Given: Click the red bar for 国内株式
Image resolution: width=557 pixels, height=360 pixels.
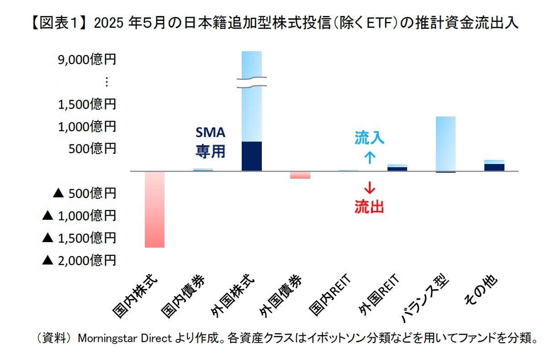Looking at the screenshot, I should [x=154, y=209].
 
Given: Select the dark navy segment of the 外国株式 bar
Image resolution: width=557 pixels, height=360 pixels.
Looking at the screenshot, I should [x=252, y=156].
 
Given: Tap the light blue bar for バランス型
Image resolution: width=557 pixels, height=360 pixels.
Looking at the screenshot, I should [x=446, y=143].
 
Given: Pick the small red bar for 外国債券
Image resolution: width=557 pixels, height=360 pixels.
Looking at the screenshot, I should [x=300, y=175].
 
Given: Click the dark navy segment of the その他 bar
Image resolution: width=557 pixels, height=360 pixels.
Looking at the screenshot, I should [x=494, y=167].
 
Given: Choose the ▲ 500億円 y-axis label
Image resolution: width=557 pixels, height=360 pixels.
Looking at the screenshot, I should [x=84, y=193].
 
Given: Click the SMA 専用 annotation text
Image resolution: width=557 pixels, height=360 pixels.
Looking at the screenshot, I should [x=211, y=142].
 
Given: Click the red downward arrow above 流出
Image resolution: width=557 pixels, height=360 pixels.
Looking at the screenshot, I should [x=369, y=187].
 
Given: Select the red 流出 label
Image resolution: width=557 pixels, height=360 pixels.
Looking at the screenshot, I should [x=369, y=207].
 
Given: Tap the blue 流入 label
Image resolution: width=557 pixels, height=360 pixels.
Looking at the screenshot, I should [x=369, y=138].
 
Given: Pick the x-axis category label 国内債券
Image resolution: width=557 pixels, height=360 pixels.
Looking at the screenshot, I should [x=185, y=297].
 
